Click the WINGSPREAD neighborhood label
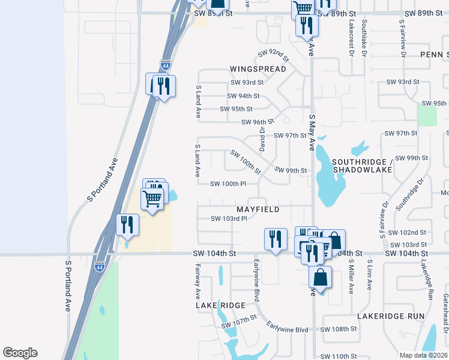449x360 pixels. tap(258, 69)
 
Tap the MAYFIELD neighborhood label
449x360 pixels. tap(258, 209)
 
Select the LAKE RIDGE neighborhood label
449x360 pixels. tap(220, 305)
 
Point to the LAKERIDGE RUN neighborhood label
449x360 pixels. tap(391, 316)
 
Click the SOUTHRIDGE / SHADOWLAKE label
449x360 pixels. tap(362, 166)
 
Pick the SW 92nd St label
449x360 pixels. tap(273, 56)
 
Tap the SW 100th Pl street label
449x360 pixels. tap(229, 184)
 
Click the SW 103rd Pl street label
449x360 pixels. tap(229, 219)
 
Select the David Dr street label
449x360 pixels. tap(262, 138)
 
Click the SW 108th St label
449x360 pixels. tap(339, 329)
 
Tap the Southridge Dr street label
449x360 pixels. tap(410, 191)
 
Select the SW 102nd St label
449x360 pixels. tap(407, 232)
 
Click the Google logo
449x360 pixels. tap(20, 353)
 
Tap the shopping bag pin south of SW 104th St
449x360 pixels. tap(321, 278)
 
